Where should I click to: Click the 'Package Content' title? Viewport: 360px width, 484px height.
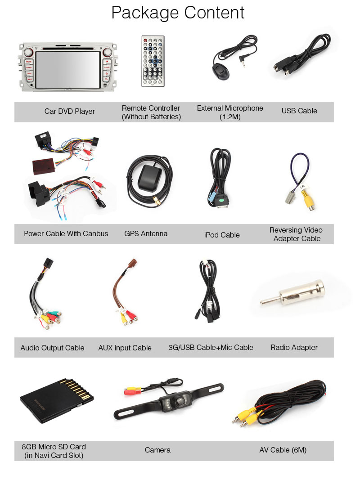[x=178, y=13]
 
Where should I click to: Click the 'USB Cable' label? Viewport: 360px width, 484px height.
[x=299, y=111]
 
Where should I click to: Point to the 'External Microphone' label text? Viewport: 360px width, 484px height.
[x=230, y=108]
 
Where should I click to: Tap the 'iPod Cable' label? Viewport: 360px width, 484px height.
[x=222, y=235]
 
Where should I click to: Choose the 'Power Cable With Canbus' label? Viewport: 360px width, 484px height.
[x=66, y=234]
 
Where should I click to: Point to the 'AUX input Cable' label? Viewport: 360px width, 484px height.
[x=125, y=348]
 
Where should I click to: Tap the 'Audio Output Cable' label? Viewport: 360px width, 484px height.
[x=52, y=348]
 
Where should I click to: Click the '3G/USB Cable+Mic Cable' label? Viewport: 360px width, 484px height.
[x=211, y=347]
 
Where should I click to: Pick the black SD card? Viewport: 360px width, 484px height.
[x=56, y=400]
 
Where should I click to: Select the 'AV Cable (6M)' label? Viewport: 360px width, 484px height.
[x=283, y=450]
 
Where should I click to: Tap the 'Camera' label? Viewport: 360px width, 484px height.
[x=157, y=450]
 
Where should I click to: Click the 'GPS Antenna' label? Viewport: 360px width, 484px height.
[x=146, y=234]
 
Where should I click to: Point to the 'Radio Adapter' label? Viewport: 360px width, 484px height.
[x=294, y=347]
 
